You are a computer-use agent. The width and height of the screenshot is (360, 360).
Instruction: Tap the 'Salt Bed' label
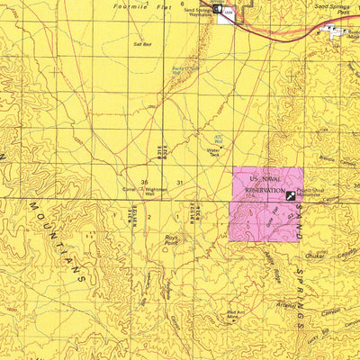[141, 43]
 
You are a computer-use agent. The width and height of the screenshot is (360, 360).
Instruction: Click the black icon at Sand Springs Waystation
[217, 12]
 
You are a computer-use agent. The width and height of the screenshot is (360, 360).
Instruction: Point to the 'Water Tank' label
[213, 152]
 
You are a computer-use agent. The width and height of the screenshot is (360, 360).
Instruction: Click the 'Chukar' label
[314, 256]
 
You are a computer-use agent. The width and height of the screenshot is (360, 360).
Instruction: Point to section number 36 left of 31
[144, 183]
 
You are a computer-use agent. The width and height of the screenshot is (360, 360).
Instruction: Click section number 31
[180, 183]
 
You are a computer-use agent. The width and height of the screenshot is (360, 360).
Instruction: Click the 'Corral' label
[129, 190]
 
